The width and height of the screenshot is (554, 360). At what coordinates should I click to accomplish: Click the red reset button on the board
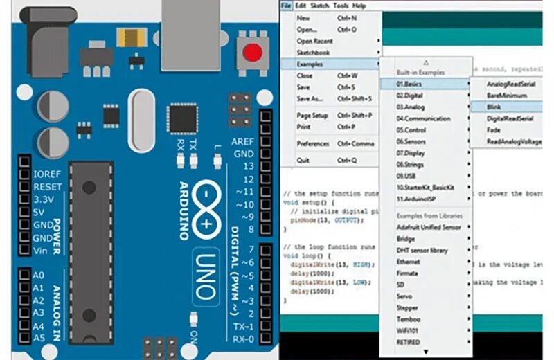[x=253, y=53]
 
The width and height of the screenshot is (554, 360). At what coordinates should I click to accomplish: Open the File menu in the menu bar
[x=286, y=6]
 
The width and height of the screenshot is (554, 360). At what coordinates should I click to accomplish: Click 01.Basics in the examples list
[x=409, y=84]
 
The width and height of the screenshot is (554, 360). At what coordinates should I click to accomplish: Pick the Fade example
[x=494, y=129]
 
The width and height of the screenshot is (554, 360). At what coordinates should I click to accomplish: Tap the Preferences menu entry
[x=312, y=143]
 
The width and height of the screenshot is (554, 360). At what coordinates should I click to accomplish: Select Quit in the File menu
[x=303, y=160]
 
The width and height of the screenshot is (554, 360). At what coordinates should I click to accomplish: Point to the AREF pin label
[x=244, y=141]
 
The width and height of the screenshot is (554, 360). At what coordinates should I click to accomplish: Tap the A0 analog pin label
[x=39, y=276]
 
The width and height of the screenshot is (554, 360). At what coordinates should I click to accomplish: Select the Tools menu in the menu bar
[x=341, y=6]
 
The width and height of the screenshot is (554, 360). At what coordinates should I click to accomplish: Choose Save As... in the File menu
[x=310, y=98]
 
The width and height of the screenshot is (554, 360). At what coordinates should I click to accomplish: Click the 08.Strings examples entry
[x=411, y=165]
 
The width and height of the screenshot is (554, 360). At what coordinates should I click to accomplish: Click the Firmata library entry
[x=407, y=273]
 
